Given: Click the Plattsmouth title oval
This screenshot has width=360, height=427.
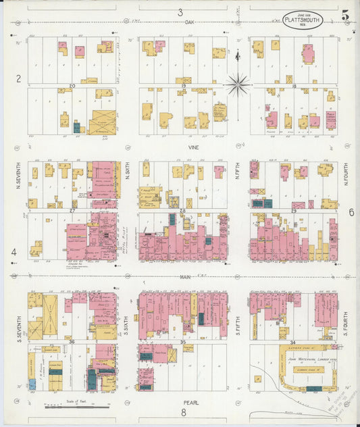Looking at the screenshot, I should tap(302, 20).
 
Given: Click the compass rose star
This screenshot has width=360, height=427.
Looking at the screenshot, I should tap(237, 84).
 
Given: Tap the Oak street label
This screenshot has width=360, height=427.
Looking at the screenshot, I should tap(190, 22).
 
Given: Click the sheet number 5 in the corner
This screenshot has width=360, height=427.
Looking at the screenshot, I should tap(345, 15).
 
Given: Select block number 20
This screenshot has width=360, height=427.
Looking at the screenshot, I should tap(72, 86).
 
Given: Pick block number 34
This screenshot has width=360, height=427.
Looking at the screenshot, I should tap(292, 343).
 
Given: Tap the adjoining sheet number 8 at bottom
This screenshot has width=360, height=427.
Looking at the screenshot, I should tap(182, 412).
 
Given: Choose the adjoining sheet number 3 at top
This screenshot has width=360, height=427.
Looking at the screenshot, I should tap(180, 11).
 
